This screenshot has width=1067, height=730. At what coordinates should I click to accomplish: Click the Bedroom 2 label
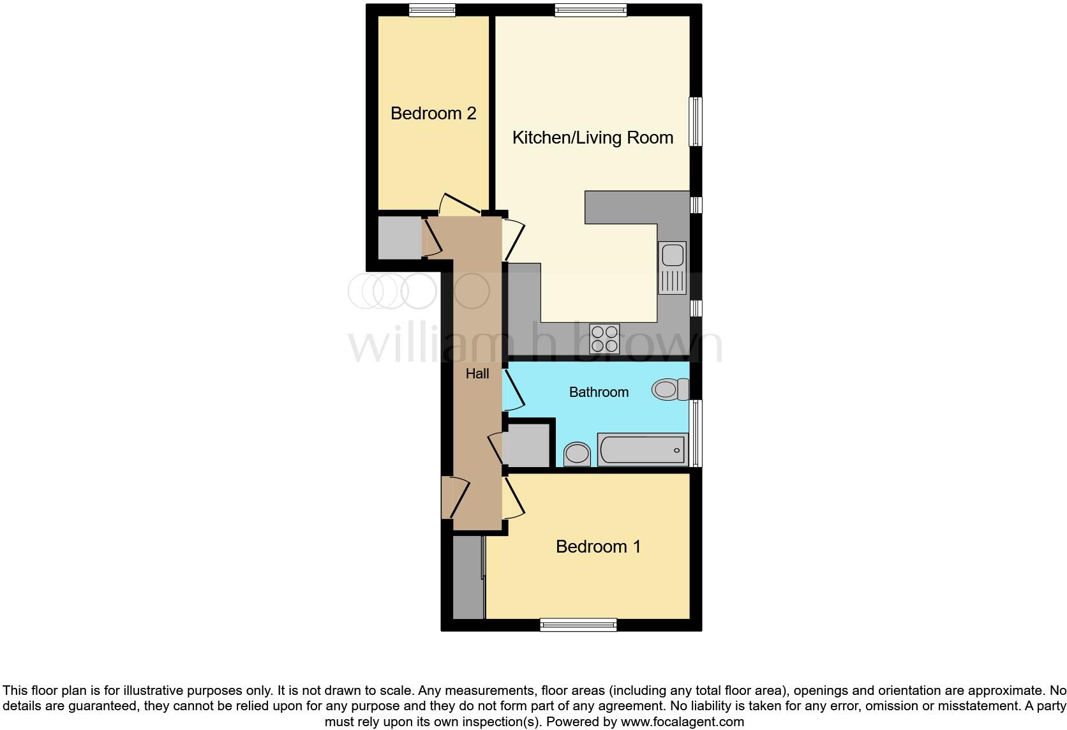[x=433, y=114]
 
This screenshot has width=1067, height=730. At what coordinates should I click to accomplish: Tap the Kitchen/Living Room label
[x=592, y=138]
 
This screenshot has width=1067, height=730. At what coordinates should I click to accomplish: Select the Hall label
[x=477, y=374]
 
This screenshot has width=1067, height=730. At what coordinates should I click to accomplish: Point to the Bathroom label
[x=599, y=392]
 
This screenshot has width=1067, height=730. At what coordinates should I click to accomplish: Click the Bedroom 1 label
[x=598, y=547]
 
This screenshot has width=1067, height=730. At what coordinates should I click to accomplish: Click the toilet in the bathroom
[x=670, y=389]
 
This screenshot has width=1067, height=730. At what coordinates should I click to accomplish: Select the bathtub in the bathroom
[x=643, y=449]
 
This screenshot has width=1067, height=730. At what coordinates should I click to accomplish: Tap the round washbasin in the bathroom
[x=578, y=454]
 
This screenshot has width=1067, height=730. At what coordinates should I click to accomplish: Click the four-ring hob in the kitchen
[x=604, y=339]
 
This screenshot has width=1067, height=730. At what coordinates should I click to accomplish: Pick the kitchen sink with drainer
[x=673, y=268]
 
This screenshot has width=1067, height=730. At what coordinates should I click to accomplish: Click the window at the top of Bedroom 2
[x=432, y=10]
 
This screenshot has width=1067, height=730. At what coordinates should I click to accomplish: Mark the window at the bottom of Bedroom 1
[x=578, y=625]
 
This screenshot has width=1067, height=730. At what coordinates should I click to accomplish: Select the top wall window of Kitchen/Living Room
[x=590, y=10]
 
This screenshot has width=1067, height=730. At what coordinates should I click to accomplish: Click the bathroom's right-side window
[x=696, y=433]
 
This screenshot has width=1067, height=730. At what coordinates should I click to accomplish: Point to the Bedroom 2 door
[x=458, y=204]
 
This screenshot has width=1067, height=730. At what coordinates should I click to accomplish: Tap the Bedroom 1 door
[x=513, y=500]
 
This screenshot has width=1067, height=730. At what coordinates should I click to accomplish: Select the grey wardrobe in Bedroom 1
[x=468, y=577]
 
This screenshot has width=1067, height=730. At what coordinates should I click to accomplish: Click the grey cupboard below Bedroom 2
[x=399, y=238]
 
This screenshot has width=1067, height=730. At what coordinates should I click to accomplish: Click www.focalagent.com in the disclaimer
[x=682, y=722]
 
